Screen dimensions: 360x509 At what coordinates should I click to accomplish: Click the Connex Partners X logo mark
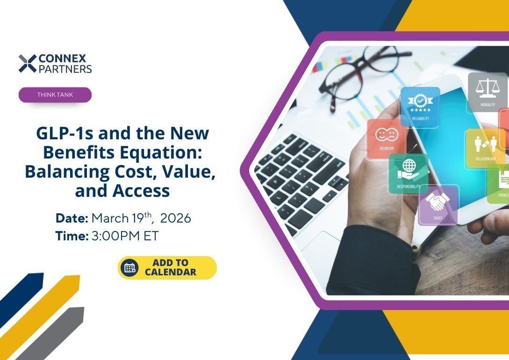[28, 64]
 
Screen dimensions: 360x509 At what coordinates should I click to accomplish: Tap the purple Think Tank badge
[55, 95]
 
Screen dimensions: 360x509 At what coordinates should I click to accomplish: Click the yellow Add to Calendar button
[167, 268]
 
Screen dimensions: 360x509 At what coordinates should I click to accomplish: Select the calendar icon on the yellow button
[129, 268]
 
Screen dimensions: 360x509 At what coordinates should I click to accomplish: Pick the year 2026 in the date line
[176, 218]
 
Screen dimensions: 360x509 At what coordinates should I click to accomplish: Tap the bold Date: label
[72, 218]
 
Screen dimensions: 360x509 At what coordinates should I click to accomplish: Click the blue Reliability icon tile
[420, 107]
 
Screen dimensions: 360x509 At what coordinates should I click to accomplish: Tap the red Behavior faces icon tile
[386, 139]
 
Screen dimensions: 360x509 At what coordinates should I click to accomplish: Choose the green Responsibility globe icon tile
[408, 173]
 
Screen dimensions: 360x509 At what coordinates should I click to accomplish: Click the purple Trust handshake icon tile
[438, 204]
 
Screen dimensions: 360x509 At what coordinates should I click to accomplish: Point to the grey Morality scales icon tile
[487, 92]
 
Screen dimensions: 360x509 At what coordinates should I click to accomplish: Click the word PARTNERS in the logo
[65, 69]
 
